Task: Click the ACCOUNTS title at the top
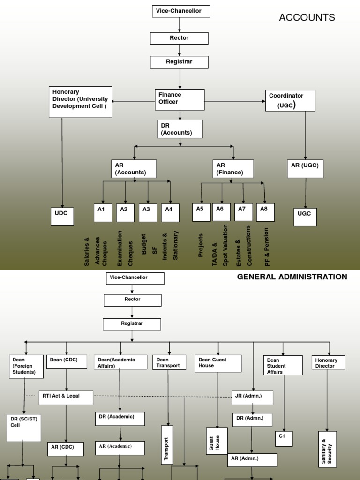307,18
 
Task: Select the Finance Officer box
180,99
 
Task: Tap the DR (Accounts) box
180,129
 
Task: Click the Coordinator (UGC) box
290,101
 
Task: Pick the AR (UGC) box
305,169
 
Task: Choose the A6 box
221,212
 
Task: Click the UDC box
62,216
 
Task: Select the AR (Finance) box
233,169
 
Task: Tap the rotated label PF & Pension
267,247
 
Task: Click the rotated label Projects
201,245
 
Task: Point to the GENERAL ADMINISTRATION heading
292,277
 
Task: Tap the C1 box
284,439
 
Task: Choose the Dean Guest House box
218,363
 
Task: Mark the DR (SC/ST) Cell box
23,428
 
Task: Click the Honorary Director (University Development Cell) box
81,102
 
